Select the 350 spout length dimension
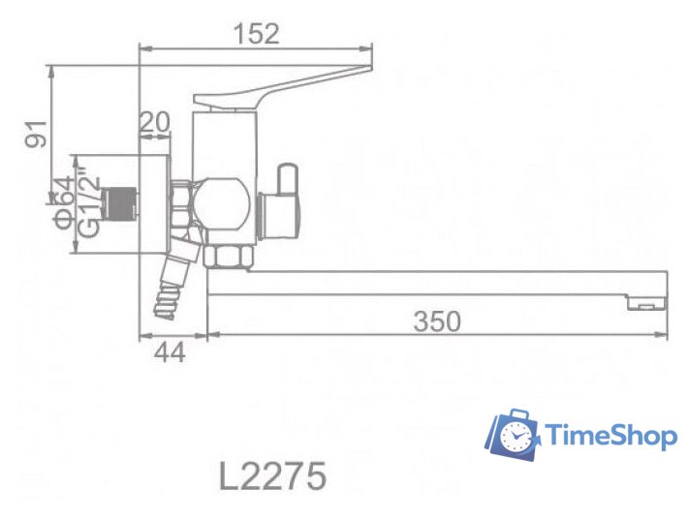(436, 321)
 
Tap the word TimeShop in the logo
(611, 437)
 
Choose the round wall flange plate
(156, 204)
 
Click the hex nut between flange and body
(181, 204)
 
